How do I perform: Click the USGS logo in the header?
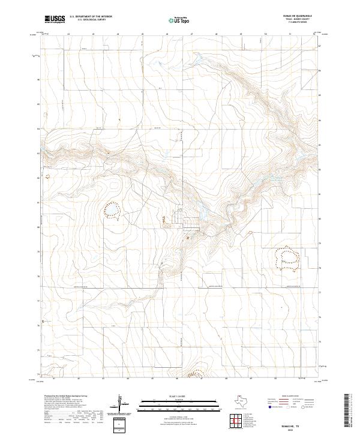point(55,20)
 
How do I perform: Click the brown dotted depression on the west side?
point(112,209)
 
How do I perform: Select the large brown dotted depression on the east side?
point(287,254)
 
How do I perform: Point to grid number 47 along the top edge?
point(191,34)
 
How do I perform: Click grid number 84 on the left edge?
point(38,128)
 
